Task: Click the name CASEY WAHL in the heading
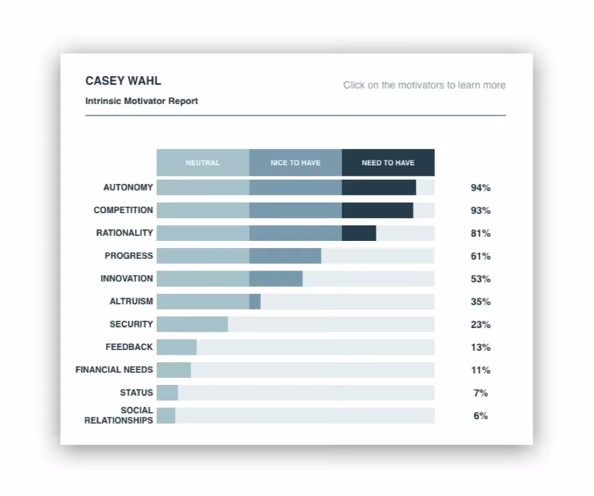pos(123,81)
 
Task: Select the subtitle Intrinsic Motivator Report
pos(141,101)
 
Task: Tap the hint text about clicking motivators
pos(424,85)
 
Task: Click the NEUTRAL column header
pos(203,163)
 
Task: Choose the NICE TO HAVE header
pos(295,163)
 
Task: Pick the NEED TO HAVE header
pos(388,163)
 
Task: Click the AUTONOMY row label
pos(128,187)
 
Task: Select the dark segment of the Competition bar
pos(377,211)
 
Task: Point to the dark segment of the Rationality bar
pos(359,233)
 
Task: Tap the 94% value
pos(480,188)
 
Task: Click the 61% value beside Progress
pos(480,256)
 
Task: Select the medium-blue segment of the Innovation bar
pos(276,279)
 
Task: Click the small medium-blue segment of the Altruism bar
pos(255,302)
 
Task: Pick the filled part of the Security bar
pos(192,324)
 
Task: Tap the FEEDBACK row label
pos(129,347)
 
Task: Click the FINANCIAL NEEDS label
pos(114,370)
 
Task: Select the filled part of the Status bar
pos(167,393)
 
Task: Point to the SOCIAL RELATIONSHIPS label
pos(119,415)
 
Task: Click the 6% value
pos(480,416)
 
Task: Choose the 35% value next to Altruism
pos(480,302)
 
